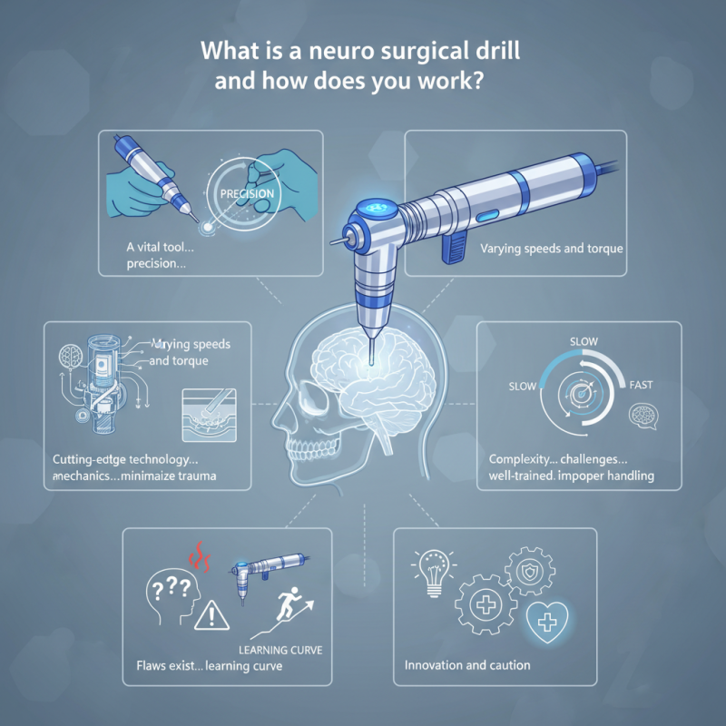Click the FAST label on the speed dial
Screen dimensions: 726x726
[641, 386]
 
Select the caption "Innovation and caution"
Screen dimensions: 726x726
[467, 665]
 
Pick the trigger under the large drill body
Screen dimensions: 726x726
[454, 248]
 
